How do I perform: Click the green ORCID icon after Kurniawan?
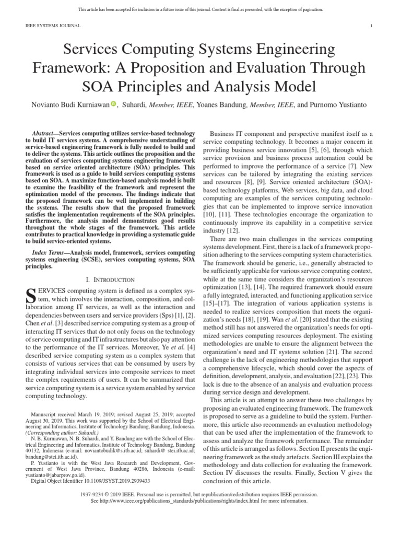[113, 104]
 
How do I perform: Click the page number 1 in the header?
[371, 26]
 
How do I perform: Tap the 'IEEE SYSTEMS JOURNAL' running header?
[52, 26]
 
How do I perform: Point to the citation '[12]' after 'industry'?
[232, 230]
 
